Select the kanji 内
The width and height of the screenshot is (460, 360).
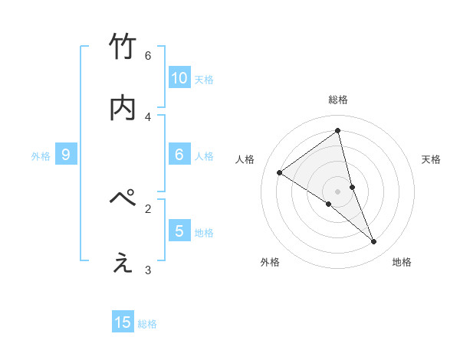[123, 107]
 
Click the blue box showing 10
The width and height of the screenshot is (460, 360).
[179, 77]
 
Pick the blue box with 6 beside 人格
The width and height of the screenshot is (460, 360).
[179, 154]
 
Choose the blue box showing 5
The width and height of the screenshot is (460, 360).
[179, 231]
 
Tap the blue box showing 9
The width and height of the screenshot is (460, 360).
[66, 154]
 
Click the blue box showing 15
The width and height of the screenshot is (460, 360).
[123, 322]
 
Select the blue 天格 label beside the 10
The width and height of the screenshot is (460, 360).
[204, 80]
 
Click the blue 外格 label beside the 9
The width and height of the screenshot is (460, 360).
[41, 156]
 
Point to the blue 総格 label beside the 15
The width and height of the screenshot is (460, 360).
[147, 325]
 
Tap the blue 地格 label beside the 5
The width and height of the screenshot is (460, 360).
[204, 233]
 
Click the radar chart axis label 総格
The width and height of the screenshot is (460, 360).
[338, 100]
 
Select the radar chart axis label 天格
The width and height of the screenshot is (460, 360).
[432, 159]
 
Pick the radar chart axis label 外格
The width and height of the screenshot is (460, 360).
[270, 262]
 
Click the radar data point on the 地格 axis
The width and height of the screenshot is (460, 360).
[374, 242]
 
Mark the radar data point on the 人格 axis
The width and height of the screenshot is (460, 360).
[279, 172]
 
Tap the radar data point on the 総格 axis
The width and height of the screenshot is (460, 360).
[338, 130]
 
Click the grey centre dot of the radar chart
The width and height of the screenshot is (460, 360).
[338, 191]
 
